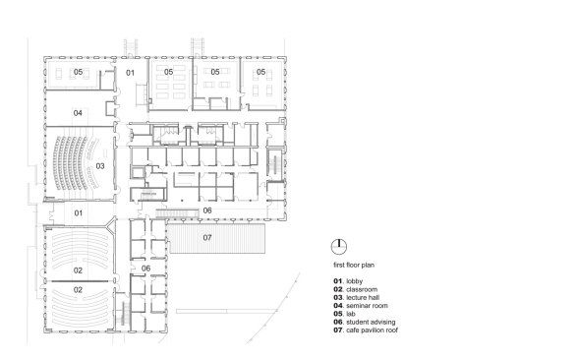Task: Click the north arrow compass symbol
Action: pyautogui.click(x=339, y=247)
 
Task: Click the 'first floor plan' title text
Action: pyautogui.click(x=354, y=265)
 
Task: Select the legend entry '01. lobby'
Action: pyautogui.click(x=348, y=281)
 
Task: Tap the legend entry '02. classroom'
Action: pyautogui.click(x=356, y=289)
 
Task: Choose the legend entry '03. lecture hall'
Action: pyautogui.click(x=356, y=297)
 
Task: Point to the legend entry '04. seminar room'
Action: pyautogui.click(x=361, y=306)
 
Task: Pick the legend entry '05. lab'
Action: pyautogui.click(x=344, y=314)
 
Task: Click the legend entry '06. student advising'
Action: pyautogui.click(x=365, y=322)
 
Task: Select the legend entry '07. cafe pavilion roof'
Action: pyautogui.click(x=366, y=330)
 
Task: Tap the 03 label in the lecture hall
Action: pyautogui.click(x=100, y=166)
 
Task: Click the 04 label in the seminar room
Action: pyautogui.click(x=78, y=113)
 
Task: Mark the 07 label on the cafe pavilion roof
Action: pyautogui.click(x=207, y=238)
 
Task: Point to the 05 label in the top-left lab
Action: pyautogui.click(x=78, y=72)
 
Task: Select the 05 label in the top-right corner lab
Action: pyautogui.click(x=260, y=72)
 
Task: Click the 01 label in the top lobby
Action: pyautogui.click(x=131, y=73)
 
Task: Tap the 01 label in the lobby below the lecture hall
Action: pyautogui.click(x=79, y=213)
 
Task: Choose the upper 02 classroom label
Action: pyautogui.click(x=78, y=270)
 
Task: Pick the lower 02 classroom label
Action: pyautogui.click(x=78, y=290)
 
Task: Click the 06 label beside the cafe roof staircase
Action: pyautogui.click(x=207, y=210)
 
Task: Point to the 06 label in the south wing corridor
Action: pyautogui.click(x=146, y=269)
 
